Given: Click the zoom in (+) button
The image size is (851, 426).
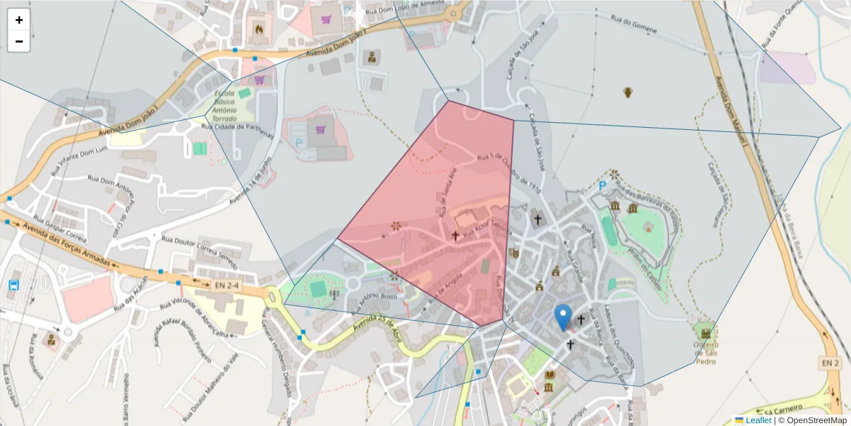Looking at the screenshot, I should (x=19, y=20).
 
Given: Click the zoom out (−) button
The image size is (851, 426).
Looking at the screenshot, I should (x=19, y=41).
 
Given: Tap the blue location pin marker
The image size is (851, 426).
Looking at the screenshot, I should (x=563, y=317).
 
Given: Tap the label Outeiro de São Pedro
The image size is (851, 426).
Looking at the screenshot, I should (x=705, y=353).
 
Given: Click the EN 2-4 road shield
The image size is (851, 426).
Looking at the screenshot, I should (x=221, y=285).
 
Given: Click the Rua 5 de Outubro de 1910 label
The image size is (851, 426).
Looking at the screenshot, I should (x=510, y=174).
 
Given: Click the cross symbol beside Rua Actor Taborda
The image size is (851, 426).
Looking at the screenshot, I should (x=455, y=235).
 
